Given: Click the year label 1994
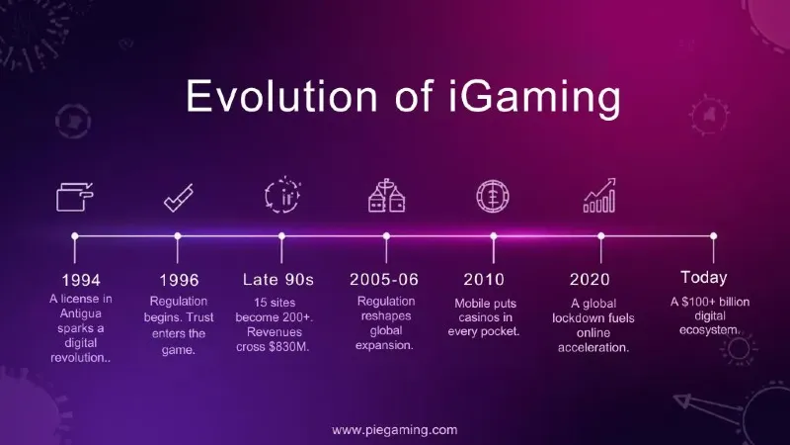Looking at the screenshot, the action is (x=81, y=280).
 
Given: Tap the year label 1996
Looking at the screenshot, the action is (x=179, y=280).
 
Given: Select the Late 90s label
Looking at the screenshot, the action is (x=278, y=280).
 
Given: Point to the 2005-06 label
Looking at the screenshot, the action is (x=384, y=280).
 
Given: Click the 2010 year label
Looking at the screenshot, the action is (x=484, y=280).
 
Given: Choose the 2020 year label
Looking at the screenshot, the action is (x=590, y=280).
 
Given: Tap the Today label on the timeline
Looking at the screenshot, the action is (x=704, y=278).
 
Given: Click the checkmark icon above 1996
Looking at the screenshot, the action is (x=179, y=198).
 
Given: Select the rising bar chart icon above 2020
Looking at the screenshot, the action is (x=599, y=195).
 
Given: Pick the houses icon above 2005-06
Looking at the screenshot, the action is (x=386, y=195).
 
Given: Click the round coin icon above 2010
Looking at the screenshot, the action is (x=493, y=196).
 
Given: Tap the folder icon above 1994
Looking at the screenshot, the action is (x=75, y=197).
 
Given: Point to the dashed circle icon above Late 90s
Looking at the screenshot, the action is (x=282, y=195).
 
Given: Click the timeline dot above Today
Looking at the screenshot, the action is (x=713, y=236).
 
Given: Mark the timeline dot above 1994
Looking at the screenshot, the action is (x=75, y=236).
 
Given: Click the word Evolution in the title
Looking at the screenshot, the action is (x=281, y=96).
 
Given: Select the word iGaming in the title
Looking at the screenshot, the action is (x=534, y=98).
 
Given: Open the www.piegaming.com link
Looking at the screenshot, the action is (x=394, y=430).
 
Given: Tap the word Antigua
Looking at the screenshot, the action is (x=81, y=313).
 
